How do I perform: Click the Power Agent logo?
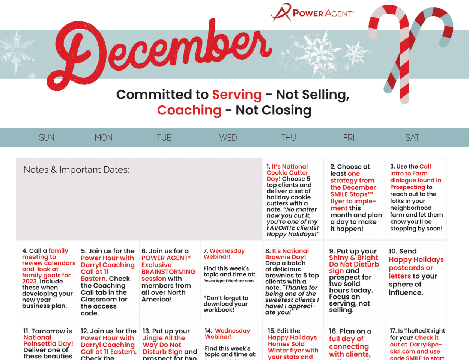tap(312, 12)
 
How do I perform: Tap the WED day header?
tap(228, 137)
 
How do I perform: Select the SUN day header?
tap(47, 137)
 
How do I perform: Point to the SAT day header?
tap(412, 137)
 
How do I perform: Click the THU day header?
tap(288, 137)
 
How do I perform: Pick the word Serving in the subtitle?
tap(237, 95)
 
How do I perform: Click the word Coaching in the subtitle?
tap(189, 110)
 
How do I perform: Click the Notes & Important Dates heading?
tap(76, 170)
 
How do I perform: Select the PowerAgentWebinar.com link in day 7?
tap(228, 281)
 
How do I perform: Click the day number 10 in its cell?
tap(393, 251)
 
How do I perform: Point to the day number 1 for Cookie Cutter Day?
tap(268, 167)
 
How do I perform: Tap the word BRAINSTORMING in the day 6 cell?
tap(168, 272)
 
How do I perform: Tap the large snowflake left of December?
tap(17, 52)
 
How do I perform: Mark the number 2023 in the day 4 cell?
tap(30, 282)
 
